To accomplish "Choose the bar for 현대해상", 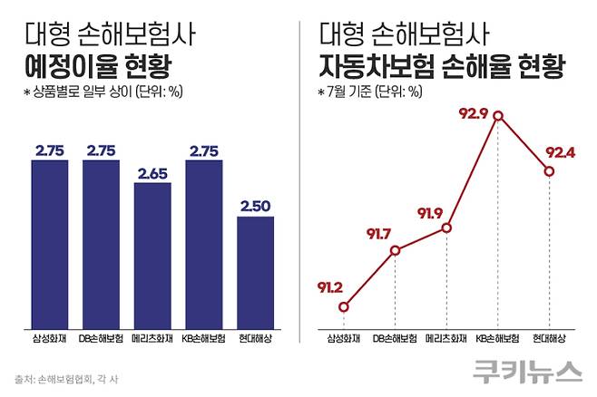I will [x=256, y=273].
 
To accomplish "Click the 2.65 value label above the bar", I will [x=152, y=172].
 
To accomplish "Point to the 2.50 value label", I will [x=256, y=207].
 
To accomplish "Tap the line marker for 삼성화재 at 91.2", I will [x=343, y=306].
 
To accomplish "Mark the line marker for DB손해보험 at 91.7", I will [x=395, y=250].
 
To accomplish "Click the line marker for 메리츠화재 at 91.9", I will [x=446, y=228].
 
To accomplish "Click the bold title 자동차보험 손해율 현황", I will [x=441, y=68].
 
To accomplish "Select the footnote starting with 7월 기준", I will [x=373, y=93].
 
